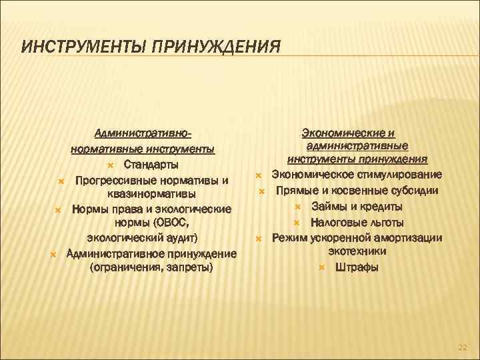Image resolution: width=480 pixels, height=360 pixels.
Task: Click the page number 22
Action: coord(463,347)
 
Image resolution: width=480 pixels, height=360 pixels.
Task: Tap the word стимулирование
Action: coord(399,175)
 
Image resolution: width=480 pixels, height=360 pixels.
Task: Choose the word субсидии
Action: coord(414,190)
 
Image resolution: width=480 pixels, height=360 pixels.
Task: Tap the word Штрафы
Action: coord(357,267)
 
